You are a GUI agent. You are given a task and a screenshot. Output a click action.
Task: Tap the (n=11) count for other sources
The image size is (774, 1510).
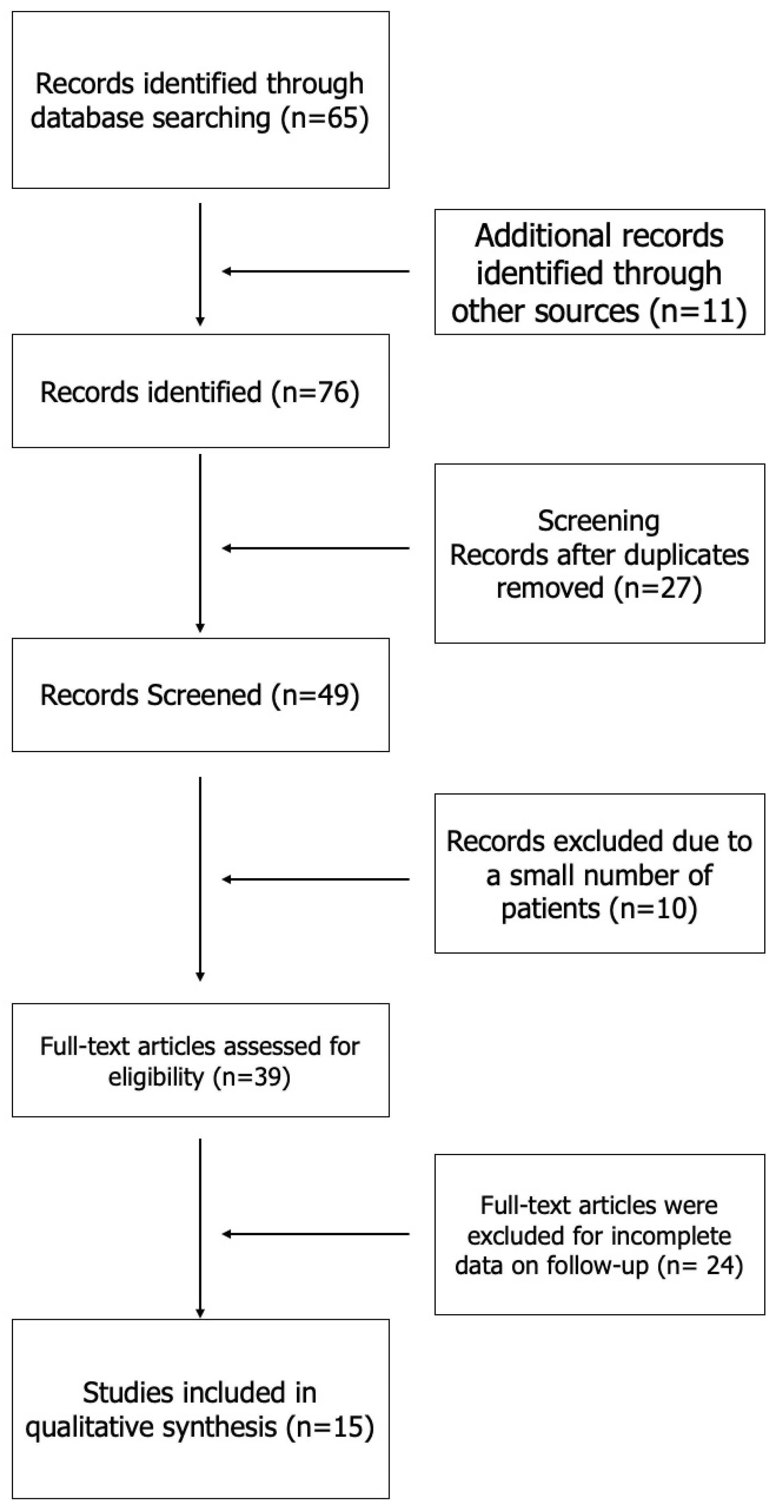[x=698, y=311]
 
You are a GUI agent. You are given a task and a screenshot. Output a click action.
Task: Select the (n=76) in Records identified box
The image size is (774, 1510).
[x=315, y=392]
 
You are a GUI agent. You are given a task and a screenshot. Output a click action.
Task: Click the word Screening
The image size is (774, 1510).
[x=599, y=521]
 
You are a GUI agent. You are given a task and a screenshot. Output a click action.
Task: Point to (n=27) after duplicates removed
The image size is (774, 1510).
[x=658, y=588]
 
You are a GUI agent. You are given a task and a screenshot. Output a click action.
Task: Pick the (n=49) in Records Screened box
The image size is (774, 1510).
[x=315, y=695]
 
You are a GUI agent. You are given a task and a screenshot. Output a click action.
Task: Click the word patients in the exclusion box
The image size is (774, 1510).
[x=551, y=909]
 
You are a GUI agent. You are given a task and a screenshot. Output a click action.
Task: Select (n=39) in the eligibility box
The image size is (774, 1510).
[x=252, y=1077]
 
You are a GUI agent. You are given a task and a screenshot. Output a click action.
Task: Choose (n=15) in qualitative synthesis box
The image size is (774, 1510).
[x=330, y=1427]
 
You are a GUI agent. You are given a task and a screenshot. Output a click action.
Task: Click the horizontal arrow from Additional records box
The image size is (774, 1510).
[x=315, y=271]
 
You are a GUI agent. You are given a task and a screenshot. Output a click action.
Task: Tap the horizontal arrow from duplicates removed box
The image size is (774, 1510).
[x=315, y=549]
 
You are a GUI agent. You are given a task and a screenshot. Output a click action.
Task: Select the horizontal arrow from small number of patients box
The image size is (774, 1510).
[x=315, y=879]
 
